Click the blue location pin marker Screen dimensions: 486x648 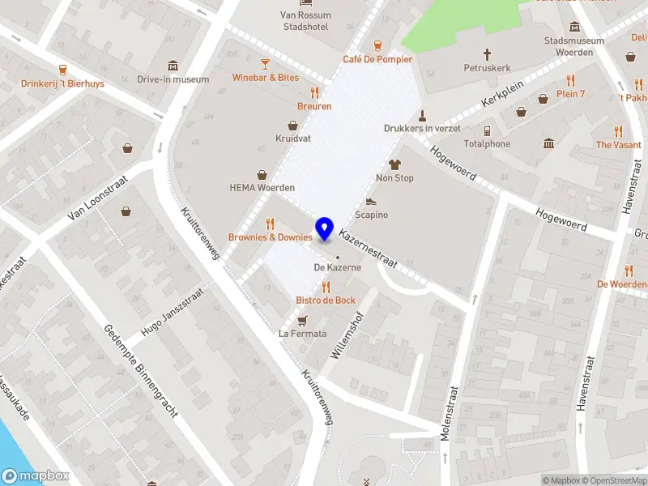pyautogui.click(x=325, y=229)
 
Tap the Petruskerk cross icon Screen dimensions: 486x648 pyautogui.click(x=488, y=54)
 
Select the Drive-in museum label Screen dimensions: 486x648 pyautogui.click(x=173, y=79)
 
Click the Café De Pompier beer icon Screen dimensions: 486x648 pyautogui.click(x=377, y=45)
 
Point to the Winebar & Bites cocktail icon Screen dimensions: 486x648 pyautogui.click(x=265, y=64)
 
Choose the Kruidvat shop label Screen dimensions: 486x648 pyautogui.click(x=293, y=139)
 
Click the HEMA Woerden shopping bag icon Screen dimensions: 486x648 pyautogui.click(x=262, y=174)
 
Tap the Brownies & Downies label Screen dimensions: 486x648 pyautogui.click(x=271, y=237)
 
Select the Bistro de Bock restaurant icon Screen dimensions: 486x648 pyautogui.click(x=326, y=287)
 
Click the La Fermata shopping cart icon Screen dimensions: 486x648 pyautogui.click(x=303, y=320)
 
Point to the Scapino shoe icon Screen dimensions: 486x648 pyautogui.click(x=371, y=201)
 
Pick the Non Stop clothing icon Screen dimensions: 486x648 pyautogui.click(x=395, y=164)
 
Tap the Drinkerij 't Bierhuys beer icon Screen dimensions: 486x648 pyautogui.click(x=62, y=70)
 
